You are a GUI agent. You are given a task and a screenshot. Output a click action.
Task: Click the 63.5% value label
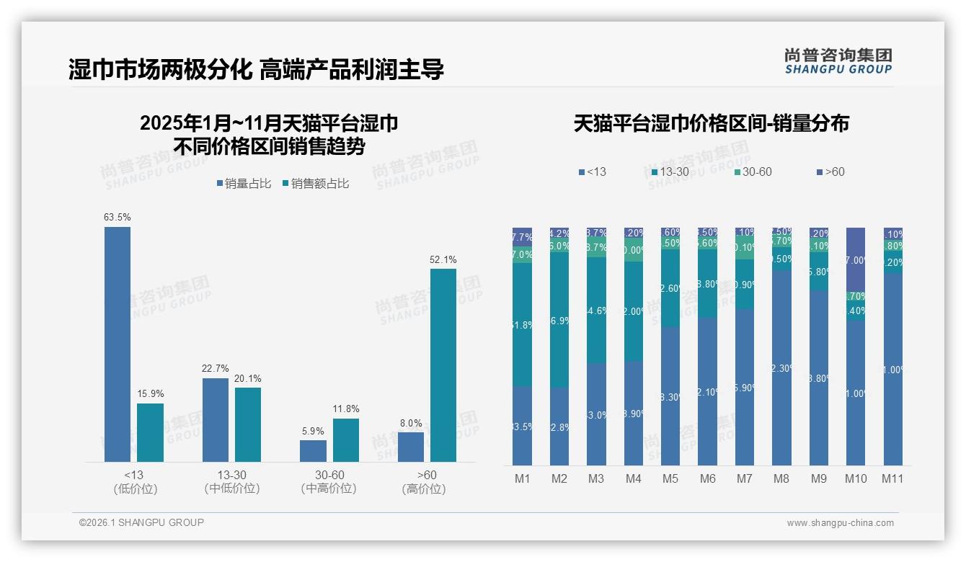click(118, 217)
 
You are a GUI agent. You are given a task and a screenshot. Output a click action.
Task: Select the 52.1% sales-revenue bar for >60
click(443, 365)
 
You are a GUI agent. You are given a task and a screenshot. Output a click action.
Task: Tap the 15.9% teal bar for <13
click(150, 432)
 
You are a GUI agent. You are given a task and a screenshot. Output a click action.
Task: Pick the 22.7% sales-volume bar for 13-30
click(216, 419)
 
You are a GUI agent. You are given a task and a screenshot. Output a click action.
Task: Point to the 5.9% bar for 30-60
click(313, 451)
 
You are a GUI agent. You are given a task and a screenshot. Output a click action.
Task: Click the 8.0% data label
click(411, 423)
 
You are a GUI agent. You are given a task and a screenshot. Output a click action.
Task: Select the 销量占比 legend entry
click(244, 184)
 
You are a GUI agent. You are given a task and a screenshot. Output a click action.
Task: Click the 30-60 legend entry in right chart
click(753, 171)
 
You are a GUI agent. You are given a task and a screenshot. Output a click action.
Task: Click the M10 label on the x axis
click(856, 478)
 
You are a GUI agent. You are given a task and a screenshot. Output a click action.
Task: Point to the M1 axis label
click(523, 478)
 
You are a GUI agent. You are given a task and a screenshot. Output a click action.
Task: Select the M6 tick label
click(707, 478)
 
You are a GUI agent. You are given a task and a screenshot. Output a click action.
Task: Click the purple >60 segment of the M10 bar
click(856, 259)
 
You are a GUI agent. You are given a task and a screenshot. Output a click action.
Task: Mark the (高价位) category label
click(424, 489)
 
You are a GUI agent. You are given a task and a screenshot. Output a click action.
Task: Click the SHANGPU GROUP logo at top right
click(838, 61)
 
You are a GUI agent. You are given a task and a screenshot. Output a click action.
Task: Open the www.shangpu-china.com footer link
click(840, 523)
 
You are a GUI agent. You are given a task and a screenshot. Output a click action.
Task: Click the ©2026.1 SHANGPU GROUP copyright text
click(141, 522)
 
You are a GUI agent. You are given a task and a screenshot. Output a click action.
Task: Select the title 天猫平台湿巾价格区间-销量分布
click(711, 123)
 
